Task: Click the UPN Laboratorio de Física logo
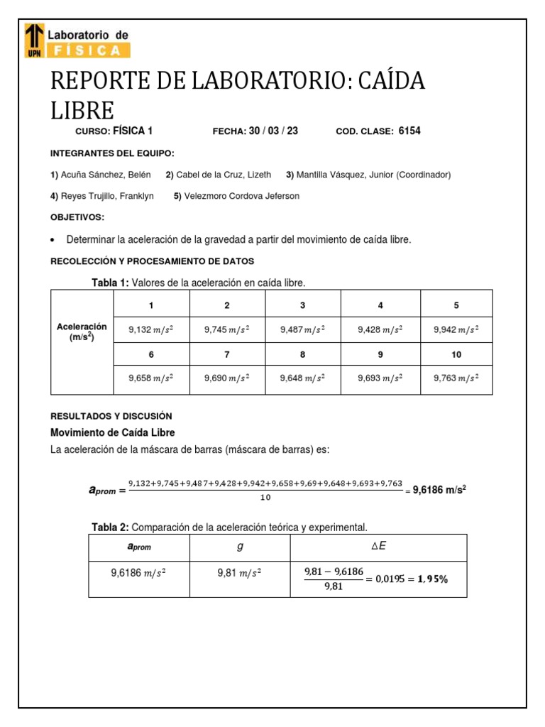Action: [x=77, y=40]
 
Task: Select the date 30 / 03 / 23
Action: [x=273, y=131]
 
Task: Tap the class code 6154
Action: [x=409, y=131]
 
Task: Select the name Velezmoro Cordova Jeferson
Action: [x=241, y=196]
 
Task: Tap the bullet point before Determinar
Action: [x=54, y=240]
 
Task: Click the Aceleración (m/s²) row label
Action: [x=82, y=332]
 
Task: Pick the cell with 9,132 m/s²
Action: [x=150, y=329]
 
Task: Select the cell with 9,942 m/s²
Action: [x=456, y=329]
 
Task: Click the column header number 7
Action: [x=227, y=354]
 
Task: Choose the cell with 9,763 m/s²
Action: [x=456, y=379]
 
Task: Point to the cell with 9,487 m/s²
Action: [x=303, y=329]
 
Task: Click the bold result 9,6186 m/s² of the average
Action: [x=440, y=490]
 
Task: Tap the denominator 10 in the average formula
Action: [x=265, y=498]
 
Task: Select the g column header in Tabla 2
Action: [x=239, y=547]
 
